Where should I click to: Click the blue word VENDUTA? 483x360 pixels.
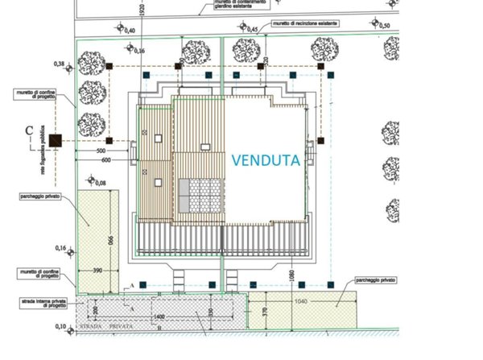coord(266,160)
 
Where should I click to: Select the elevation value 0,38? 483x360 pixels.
coord(59,63)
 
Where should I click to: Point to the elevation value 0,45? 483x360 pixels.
coord(252,30)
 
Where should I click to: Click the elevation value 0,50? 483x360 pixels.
coord(383,26)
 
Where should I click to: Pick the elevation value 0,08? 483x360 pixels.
coord(100,184)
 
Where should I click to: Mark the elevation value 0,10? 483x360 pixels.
coord(60,326)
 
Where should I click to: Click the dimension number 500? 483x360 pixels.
coord(101,151)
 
